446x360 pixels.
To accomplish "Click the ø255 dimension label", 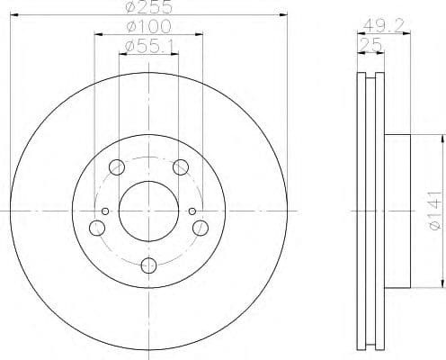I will pyautogui.click(x=149, y=7).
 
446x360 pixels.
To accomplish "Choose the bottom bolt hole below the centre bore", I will pyautogui.click(x=148, y=265).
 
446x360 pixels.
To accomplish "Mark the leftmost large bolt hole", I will pyautogui.click(x=96, y=228).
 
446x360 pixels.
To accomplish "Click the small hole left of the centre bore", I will pyautogui.click(x=106, y=211).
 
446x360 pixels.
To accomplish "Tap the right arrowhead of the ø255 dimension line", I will pyautogui.click(x=284, y=15).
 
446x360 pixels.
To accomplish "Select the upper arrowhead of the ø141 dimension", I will pyautogui.click(x=442, y=137).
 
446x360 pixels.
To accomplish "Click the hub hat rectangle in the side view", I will pyautogui.click(x=398, y=211).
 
